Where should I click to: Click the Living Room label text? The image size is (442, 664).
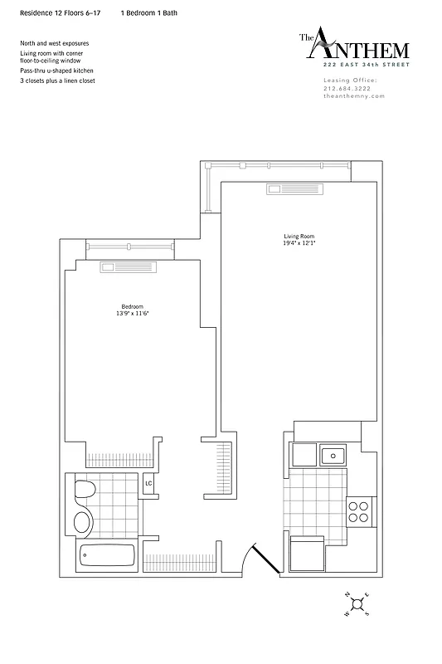pos(299,237)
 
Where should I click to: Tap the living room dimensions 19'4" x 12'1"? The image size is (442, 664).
pos(299,244)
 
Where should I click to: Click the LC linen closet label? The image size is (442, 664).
pos(149,483)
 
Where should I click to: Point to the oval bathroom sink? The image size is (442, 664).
pos(83,521)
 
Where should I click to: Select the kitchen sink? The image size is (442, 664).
pos(333,455)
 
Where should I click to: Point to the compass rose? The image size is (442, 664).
pos(357,603)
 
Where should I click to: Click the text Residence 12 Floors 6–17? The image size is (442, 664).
pos(60,14)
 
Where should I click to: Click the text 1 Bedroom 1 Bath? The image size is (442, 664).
pos(148,14)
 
